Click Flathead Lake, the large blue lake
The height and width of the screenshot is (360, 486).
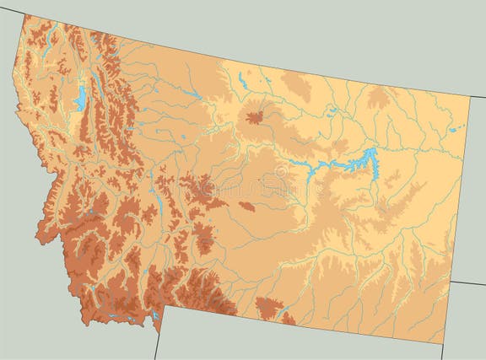click(80, 100)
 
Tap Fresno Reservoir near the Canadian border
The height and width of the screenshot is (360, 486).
click(242, 81)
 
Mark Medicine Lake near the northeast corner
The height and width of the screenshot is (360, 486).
click(456, 128)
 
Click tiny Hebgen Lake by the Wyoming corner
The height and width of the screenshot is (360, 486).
click(155, 315)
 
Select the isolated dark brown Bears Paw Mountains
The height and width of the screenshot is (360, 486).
click(255, 116)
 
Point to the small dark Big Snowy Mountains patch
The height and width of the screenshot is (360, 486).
click(246, 205)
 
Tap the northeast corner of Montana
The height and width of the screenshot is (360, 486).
click(471, 96)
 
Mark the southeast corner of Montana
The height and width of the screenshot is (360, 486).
click(442, 343)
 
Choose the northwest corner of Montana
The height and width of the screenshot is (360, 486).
click(24, 15)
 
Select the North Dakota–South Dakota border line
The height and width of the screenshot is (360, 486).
click(469, 282)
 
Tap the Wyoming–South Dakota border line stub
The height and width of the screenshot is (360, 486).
click(442, 352)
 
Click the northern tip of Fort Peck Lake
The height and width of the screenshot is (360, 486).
click(371, 150)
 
